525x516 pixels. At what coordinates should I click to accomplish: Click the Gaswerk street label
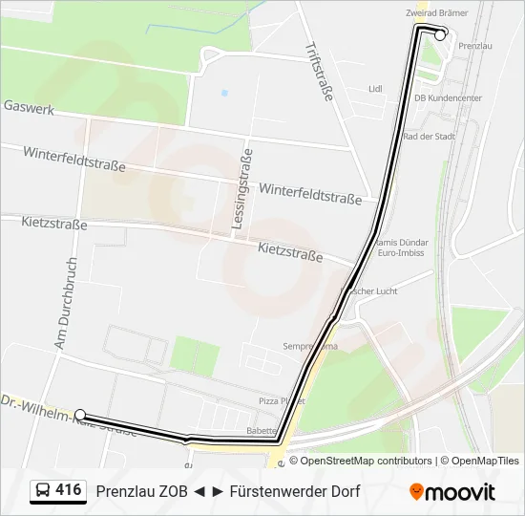29,108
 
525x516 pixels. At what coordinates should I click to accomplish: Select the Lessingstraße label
241,189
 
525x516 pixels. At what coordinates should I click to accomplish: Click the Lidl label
375,89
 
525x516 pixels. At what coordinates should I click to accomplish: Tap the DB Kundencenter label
448,98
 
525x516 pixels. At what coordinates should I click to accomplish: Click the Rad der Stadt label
430,137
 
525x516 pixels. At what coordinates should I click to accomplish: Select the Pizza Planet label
282,401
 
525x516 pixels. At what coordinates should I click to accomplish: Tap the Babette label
262,431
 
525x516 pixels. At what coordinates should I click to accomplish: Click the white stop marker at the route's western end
80,415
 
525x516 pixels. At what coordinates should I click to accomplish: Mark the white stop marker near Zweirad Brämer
440,33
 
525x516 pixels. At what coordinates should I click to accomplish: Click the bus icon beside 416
44,491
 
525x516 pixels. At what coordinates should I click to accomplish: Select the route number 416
69,490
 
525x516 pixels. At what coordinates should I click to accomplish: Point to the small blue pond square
224,93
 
